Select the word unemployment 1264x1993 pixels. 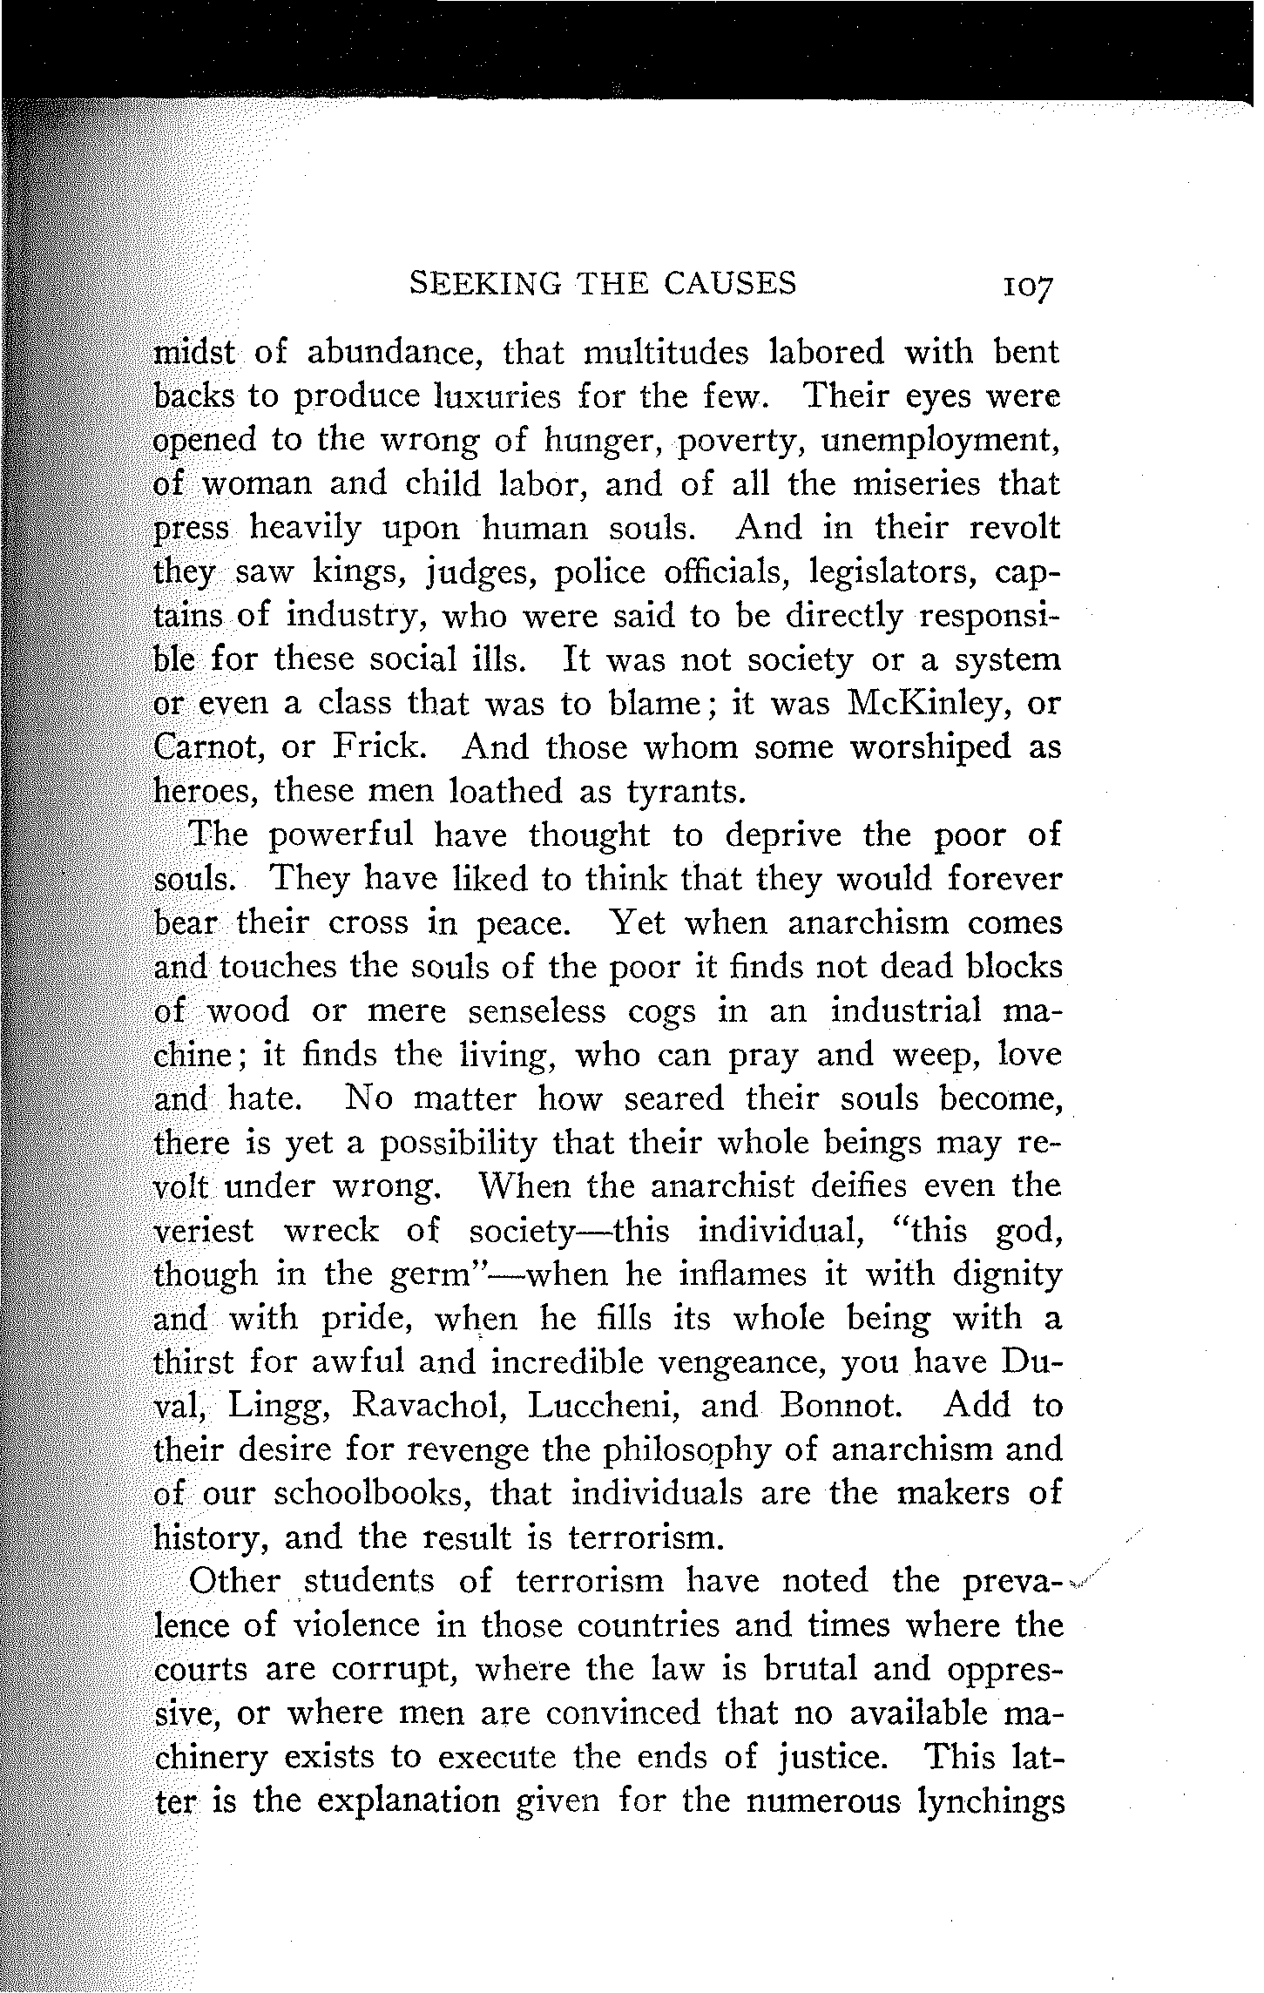click(942, 442)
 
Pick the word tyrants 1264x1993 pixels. click(686, 792)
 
